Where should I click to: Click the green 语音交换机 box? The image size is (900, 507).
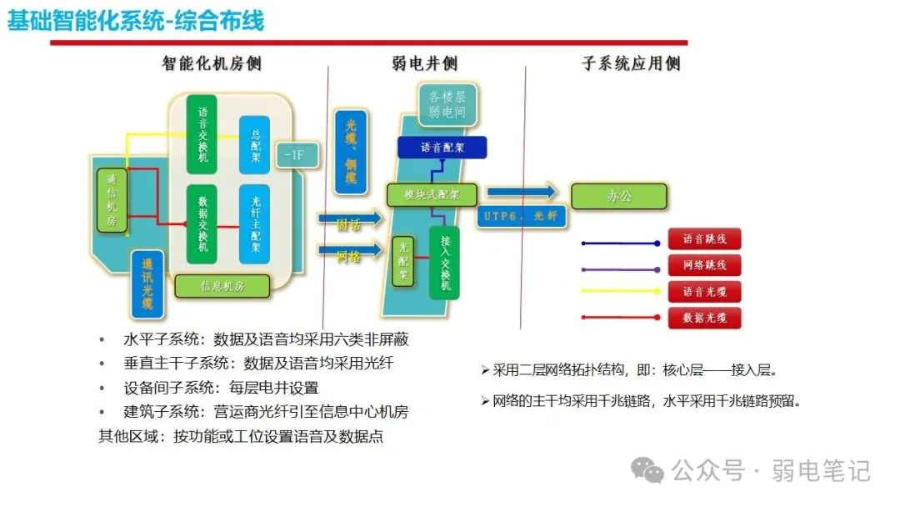click(203, 135)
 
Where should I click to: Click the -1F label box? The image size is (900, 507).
click(293, 155)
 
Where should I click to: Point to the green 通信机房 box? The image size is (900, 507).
click(111, 200)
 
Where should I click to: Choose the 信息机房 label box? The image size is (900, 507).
click(222, 286)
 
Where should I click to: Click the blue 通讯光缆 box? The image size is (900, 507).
click(147, 281)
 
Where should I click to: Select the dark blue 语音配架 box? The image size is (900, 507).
click(442, 148)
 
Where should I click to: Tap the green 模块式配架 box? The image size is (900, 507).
click(431, 195)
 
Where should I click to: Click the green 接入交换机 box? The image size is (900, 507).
click(444, 263)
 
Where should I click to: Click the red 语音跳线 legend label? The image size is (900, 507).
click(704, 239)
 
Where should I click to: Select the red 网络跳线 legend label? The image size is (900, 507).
click(704, 265)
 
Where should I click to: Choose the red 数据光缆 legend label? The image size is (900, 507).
click(704, 318)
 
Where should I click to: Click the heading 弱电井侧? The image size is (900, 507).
click(425, 63)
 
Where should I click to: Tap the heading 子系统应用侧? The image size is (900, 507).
click(630, 63)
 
